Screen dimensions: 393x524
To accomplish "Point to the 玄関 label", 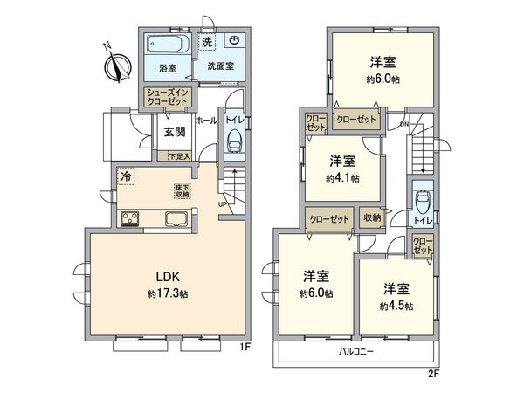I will point(174,133).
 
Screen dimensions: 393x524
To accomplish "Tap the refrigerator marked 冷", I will point(128,176).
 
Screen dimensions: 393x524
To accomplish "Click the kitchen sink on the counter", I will point(175,219).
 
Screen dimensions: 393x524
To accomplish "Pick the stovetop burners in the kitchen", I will point(131,219).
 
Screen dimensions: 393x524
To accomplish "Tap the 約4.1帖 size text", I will point(342,177).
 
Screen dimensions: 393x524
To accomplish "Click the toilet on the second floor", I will point(422,202).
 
